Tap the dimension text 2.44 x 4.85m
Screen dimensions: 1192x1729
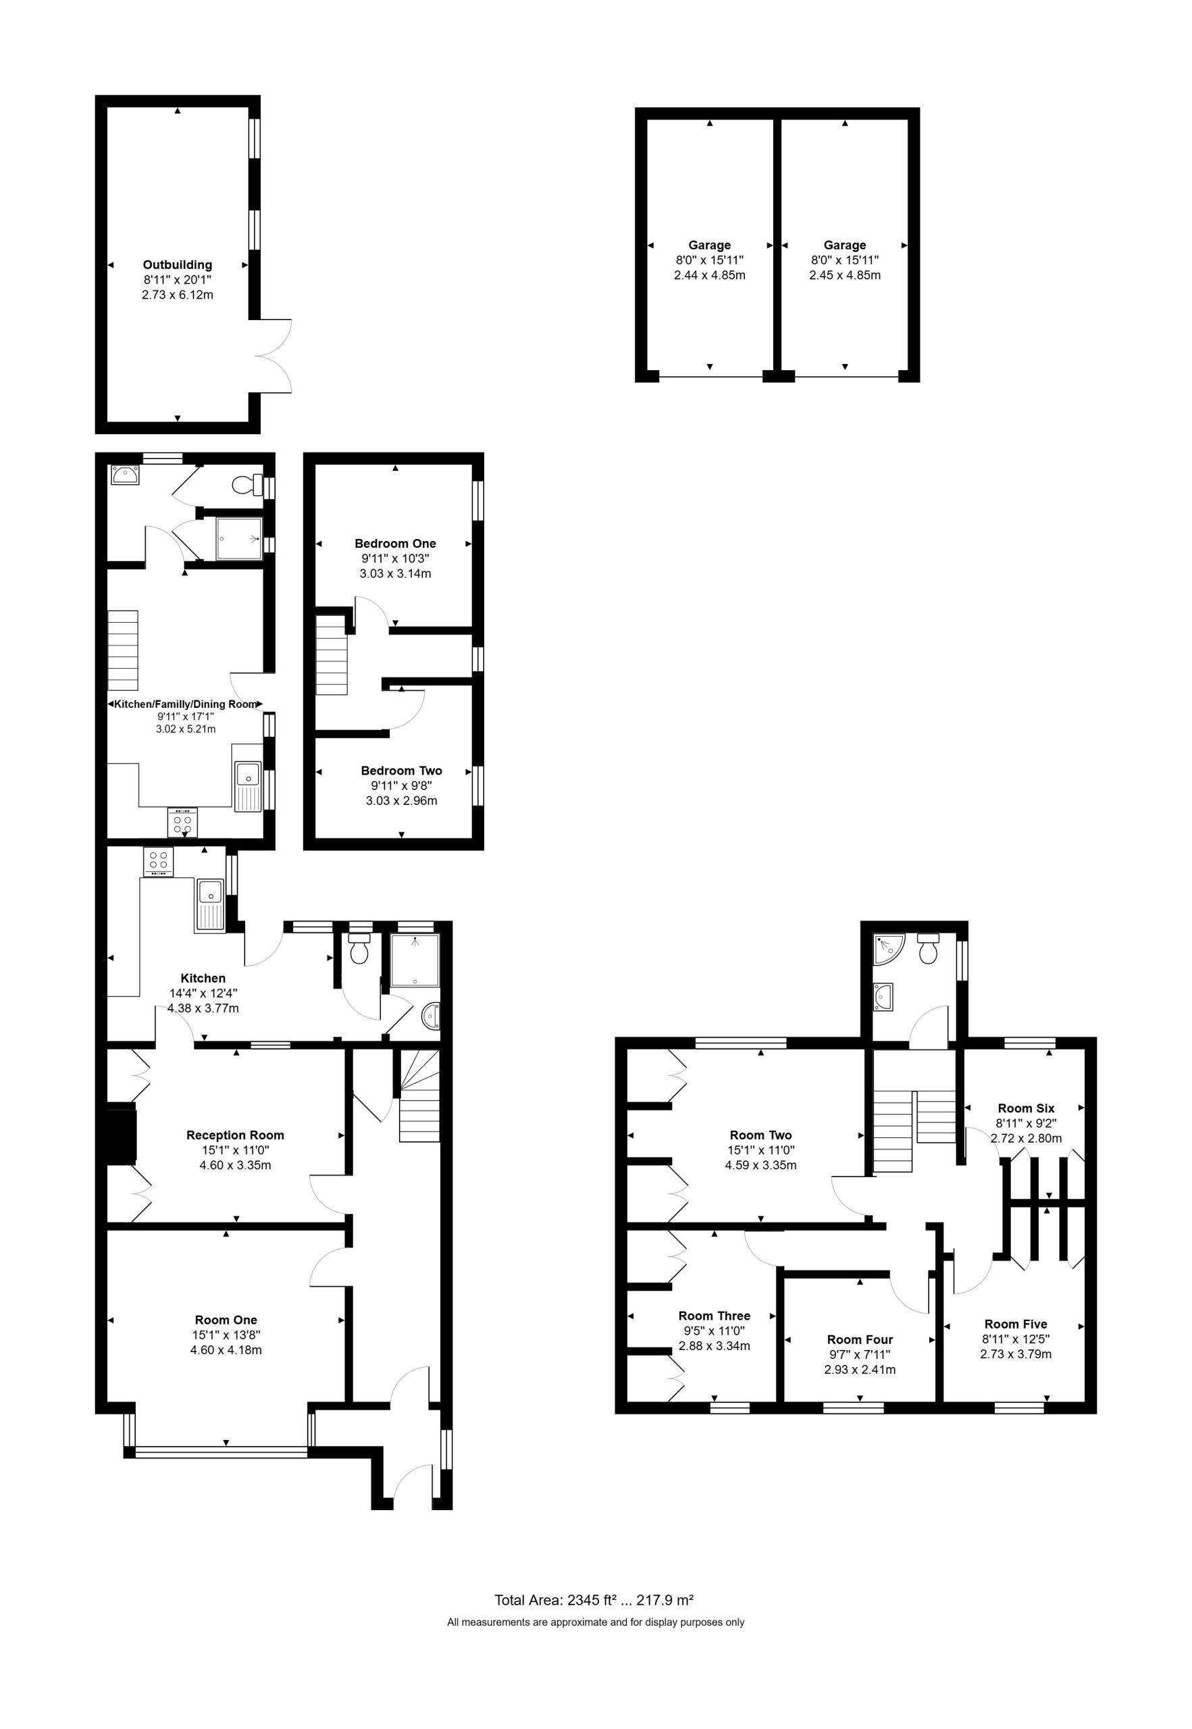710,275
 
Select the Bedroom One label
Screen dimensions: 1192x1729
395,543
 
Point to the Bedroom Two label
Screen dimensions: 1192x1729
402,770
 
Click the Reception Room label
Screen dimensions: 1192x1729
235,1135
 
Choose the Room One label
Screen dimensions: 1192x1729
226,1320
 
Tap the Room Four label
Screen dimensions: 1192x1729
860,1339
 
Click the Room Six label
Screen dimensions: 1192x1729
1026,1108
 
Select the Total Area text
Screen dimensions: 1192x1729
594,1600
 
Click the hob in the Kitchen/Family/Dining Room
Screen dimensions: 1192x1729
183,821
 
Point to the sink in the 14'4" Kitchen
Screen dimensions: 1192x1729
211,904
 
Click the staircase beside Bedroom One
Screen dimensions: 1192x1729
332,655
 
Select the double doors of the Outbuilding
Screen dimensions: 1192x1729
272,355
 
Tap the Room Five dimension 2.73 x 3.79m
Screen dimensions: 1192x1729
1016,1354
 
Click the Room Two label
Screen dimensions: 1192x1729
761,1135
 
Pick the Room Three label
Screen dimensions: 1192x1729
715,1315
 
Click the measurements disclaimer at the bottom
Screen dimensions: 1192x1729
596,1622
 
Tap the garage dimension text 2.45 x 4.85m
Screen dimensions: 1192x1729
845,275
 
